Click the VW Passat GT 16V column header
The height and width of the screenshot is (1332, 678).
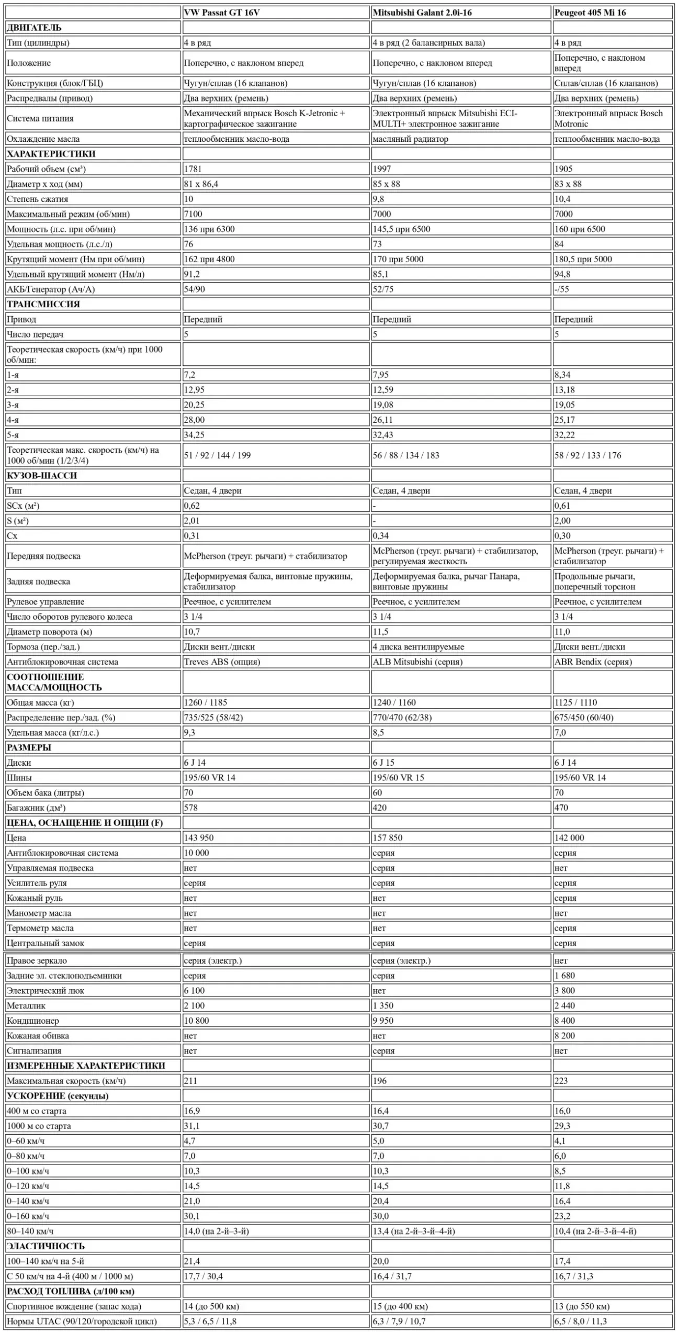point(222,13)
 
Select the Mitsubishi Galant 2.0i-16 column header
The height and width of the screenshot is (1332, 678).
point(422,13)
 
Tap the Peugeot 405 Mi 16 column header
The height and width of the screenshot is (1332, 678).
point(590,13)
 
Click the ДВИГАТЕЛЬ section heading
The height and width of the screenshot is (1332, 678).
point(34,28)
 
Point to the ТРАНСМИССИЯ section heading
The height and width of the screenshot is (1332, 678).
point(43,304)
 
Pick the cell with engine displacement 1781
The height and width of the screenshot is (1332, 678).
point(193,169)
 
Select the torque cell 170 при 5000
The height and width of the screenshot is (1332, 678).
point(398,259)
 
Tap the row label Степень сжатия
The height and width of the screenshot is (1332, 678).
point(37,199)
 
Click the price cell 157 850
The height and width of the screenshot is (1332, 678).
point(388,838)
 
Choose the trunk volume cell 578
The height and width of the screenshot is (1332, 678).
point(191,808)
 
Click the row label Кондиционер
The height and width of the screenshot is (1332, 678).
point(33,1020)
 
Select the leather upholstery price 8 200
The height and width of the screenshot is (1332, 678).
point(564,1035)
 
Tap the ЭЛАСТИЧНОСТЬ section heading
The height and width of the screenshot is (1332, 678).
point(46,1246)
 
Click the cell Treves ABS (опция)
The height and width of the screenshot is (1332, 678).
point(222,662)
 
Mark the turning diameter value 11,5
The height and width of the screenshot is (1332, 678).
point(380,632)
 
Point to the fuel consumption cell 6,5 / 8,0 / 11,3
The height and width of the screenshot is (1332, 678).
point(581,1321)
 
